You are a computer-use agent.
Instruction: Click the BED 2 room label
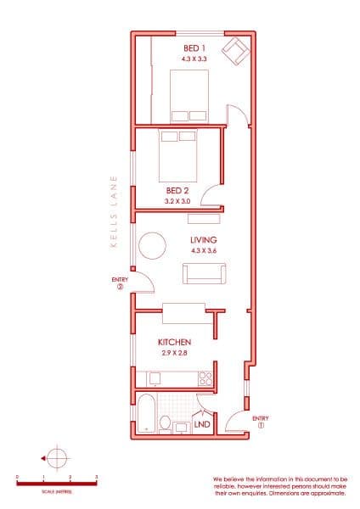point(177,191)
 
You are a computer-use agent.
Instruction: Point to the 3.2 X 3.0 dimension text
point(177,202)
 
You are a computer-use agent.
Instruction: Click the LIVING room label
point(204,240)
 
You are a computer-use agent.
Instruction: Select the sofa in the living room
point(204,274)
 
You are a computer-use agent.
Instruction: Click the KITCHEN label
point(173,342)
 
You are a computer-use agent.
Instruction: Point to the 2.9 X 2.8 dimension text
point(173,352)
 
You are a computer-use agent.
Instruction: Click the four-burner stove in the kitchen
point(205,379)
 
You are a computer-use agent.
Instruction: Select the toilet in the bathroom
point(166,424)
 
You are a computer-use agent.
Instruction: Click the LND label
point(202,423)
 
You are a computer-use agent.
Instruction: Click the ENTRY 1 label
point(261,421)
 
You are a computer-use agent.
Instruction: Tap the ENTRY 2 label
point(119,282)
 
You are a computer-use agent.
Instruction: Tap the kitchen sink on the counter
point(155,378)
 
